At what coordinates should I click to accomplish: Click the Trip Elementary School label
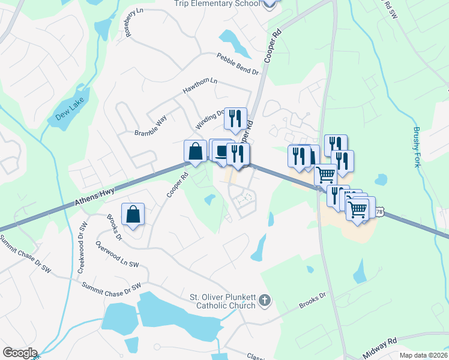point(217,4)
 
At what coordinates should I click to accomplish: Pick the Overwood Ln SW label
point(117,254)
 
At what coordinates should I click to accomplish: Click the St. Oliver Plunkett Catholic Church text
point(223,301)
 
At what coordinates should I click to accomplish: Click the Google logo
point(19,353)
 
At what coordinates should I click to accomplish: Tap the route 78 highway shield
point(379,212)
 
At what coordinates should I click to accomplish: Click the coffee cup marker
point(221,151)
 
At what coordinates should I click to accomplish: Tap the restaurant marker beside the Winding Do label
point(235,118)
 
